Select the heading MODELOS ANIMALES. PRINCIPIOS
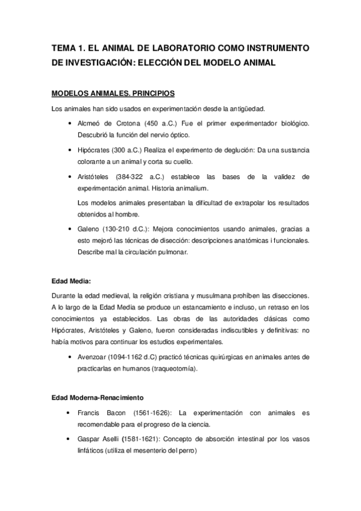113,94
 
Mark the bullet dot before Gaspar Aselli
71,439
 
